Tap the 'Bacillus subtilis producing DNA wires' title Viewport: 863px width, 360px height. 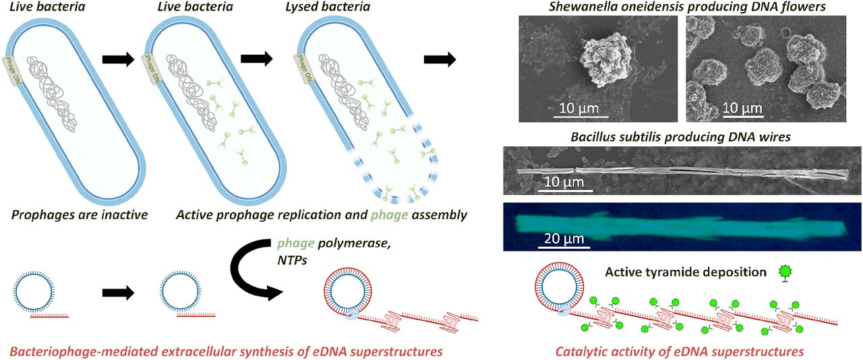[680, 137]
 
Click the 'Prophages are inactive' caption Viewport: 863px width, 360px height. [80, 215]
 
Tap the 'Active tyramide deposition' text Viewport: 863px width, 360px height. [686, 272]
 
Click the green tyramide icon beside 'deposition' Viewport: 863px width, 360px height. [784, 273]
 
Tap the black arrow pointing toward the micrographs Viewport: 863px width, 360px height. [440, 59]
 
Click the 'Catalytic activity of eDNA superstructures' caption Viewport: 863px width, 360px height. [680, 351]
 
